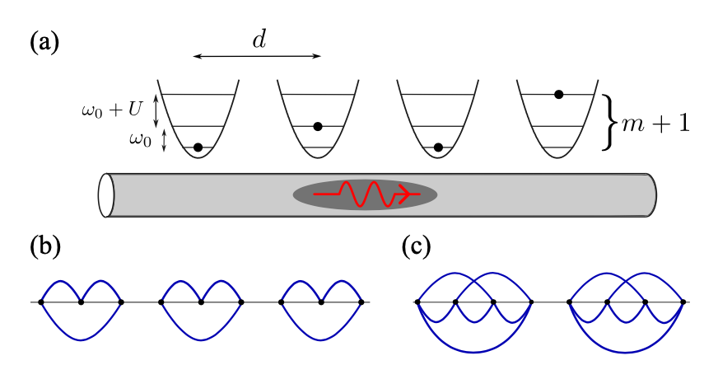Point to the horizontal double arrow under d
(256, 56)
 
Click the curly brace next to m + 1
(610, 122)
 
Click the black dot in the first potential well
(198, 147)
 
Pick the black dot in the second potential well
(318, 126)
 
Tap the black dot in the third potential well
(438, 147)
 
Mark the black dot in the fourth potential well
(558, 95)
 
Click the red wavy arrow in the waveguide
(368, 194)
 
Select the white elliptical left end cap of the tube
(105, 195)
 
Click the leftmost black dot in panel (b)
(41, 302)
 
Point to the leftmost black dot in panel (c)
(417, 302)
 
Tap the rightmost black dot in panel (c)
(683, 302)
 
